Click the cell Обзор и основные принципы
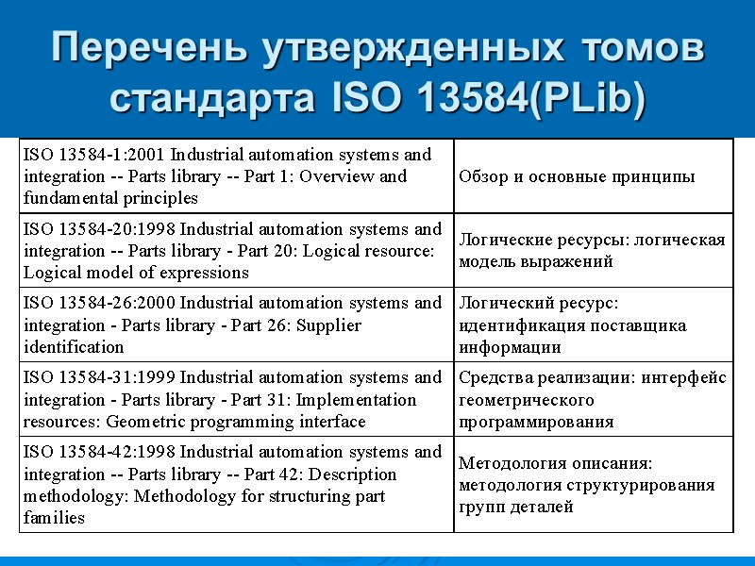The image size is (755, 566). tap(577, 176)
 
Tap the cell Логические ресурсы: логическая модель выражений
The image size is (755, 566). tap(592, 251)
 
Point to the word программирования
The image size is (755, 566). tap(536, 422)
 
